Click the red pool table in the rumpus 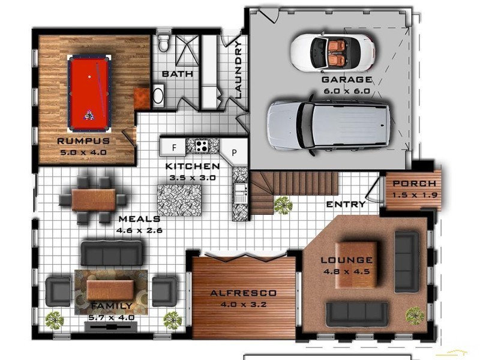(89, 93)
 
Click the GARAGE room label (346, 80)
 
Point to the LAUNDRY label (238, 69)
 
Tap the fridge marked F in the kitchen (174, 146)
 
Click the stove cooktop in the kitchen (200, 145)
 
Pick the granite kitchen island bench (179, 200)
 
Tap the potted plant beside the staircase (283, 206)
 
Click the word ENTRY (346, 205)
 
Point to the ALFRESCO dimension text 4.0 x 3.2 (244, 304)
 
